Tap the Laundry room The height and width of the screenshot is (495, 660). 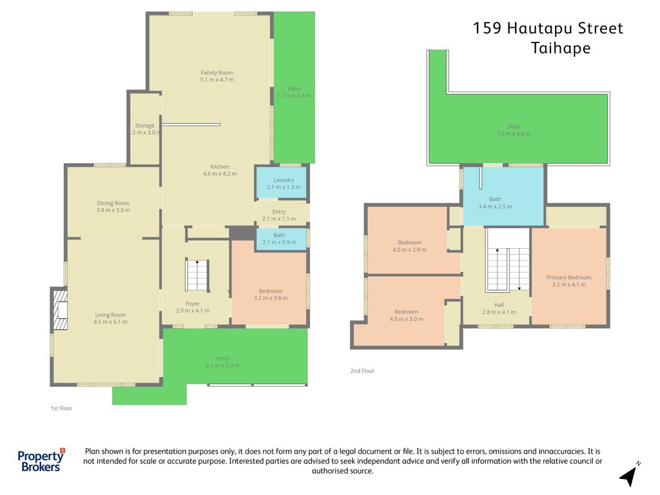coord(282,182)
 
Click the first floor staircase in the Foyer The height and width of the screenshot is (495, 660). coord(197,275)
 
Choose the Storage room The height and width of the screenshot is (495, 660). coord(144,128)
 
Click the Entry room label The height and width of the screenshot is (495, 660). coord(279,211)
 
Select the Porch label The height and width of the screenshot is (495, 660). coord(222,358)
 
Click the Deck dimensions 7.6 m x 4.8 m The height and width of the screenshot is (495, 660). coord(514,133)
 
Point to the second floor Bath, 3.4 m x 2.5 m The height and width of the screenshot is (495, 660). coord(503,197)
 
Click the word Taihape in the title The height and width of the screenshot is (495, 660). coord(561,48)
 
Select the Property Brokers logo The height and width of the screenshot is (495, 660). coord(41,460)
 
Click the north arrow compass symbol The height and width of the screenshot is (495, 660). coord(629,475)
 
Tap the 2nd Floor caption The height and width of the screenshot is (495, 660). coord(362,371)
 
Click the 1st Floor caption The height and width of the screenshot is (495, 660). coord(61,408)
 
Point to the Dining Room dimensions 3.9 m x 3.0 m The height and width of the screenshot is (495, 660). coord(113,210)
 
